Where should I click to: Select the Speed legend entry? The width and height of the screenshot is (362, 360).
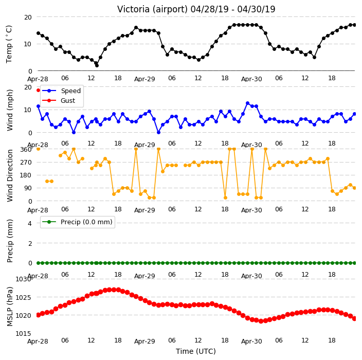pos(61,91)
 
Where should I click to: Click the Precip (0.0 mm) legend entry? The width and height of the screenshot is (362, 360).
pos(77,222)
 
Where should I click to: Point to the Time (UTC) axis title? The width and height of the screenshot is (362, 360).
pos(196,351)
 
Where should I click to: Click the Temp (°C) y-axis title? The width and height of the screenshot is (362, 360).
pos(9,44)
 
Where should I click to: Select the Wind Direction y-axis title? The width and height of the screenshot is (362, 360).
pos(10,175)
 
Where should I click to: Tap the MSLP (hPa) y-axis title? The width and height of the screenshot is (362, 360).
pos(10,307)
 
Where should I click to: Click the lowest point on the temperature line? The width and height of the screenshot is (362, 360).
pos(97,66)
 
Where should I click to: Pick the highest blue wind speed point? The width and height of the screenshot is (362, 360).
pos(248,103)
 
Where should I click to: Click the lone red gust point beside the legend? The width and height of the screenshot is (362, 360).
pos(39,90)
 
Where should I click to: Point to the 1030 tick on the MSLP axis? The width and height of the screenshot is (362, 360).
pos(23,279)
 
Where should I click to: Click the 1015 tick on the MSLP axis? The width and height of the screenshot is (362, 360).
pos(23,333)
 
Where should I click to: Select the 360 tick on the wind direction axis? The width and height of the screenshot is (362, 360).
pos(26,150)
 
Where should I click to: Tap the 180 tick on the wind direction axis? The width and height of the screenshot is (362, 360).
pos(26,175)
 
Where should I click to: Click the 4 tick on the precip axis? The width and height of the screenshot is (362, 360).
pos(30,223)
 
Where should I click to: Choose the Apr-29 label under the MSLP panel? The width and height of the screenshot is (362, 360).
pos(144,341)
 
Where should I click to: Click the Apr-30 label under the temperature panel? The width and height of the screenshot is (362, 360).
pos(251,79)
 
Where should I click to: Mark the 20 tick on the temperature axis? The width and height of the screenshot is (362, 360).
pos(28,17)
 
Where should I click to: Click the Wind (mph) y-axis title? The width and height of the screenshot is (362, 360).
pos(10,110)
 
